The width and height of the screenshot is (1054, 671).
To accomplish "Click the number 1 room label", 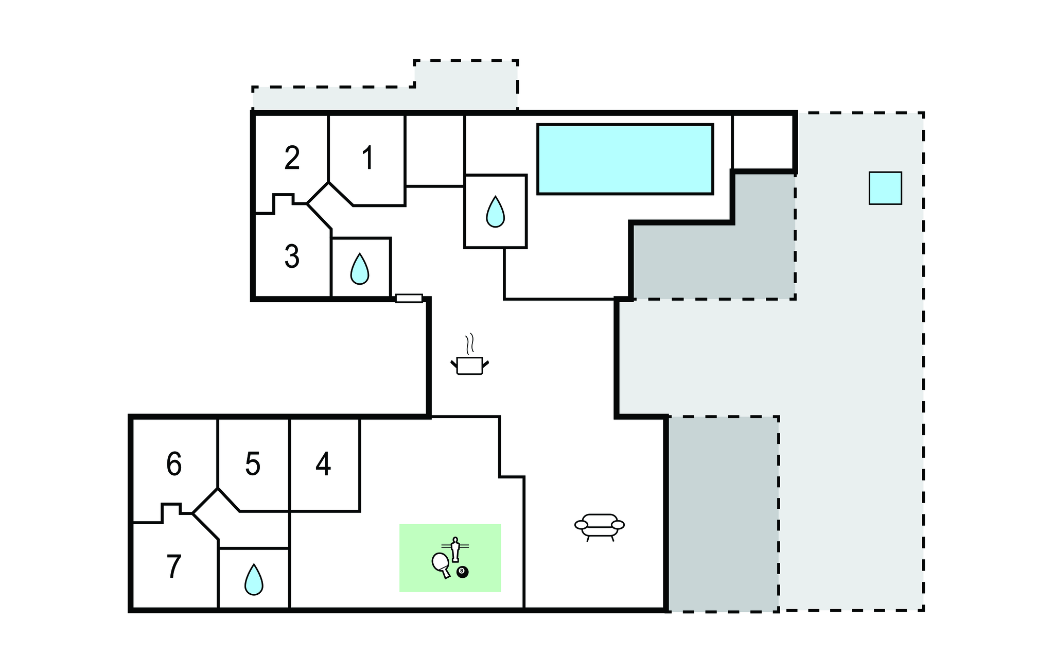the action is [367, 158].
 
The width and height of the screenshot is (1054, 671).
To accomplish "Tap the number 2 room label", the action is [292, 158].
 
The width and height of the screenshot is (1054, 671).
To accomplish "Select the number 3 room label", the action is [292, 256].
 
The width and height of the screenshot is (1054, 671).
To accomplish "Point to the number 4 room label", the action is [323, 464].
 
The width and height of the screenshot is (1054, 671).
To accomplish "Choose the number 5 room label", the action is [253, 464].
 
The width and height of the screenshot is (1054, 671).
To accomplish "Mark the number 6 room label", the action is [174, 464].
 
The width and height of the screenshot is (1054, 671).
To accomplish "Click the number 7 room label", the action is [174, 566].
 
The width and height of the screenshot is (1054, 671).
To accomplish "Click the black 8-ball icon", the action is [463, 572].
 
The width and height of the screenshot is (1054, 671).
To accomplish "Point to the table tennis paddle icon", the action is [441, 565].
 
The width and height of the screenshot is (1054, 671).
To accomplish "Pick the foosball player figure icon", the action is [455, 549].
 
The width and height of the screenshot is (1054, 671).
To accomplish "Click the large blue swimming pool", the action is [625, 159].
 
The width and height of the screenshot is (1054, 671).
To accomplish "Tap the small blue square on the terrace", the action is [885, 188].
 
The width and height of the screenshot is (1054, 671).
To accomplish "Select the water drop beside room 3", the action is [360, 269].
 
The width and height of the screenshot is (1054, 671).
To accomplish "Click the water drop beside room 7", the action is [253, 580].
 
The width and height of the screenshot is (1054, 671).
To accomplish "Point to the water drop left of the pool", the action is [495, 212].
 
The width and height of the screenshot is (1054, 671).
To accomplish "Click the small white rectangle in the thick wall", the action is [409, 298].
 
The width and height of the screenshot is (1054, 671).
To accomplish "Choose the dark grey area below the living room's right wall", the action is [723, 513].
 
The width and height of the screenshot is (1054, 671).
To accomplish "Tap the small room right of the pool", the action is [762, 142].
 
